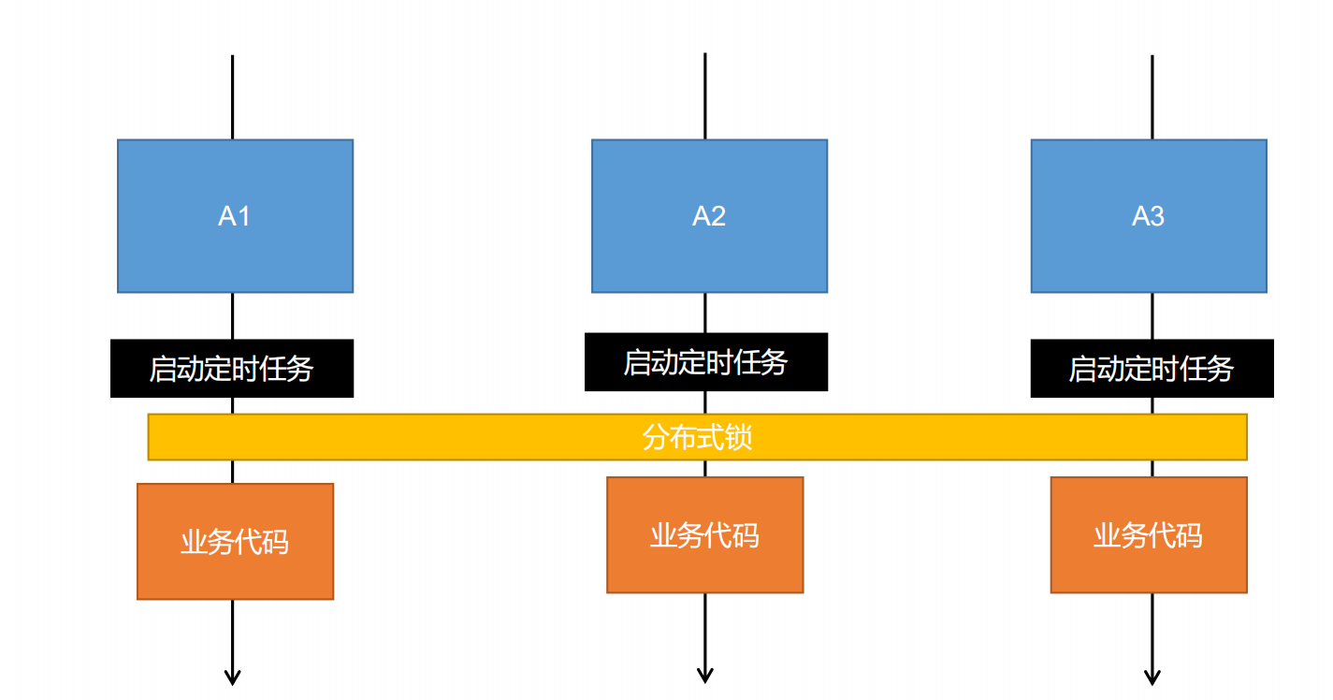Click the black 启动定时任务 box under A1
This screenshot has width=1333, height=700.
[x=232, y=369]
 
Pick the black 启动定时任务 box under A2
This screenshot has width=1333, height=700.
[x=706, y=362]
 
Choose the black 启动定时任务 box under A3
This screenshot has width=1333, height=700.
[x=1152, y=369]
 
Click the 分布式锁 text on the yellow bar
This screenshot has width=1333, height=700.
[x=697, y=437]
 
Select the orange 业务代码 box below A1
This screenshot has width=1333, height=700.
[x=235, y=542]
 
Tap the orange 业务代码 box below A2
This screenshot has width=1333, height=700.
[x=704, y=535]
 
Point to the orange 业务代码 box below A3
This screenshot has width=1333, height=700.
[x=1149, y=535]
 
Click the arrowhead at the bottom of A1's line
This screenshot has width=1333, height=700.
[x=232, y=677]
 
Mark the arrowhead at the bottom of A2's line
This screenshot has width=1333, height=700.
[x=705, y=675]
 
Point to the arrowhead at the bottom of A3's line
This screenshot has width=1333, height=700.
[x=1152, y=677]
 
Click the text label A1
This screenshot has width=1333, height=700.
[x=235, y=216]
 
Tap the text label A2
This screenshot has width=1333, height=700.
[x=709, y=216]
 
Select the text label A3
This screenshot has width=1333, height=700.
[x=1149, y=216]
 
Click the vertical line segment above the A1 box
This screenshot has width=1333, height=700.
[x=232, y=98]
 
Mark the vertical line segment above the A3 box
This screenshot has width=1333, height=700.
[x=1152, y=98]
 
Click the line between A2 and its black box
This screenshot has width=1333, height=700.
[x=705, y=313]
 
